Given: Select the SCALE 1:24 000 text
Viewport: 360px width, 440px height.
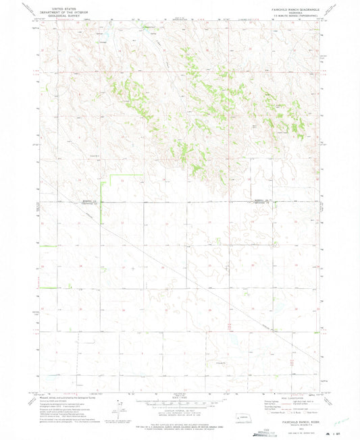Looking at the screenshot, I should [x=180, y=397].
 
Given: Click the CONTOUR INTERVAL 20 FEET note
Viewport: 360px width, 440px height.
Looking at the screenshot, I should [x=180, y=411].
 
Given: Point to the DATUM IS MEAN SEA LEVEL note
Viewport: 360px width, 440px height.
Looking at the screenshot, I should [x=180, y=414].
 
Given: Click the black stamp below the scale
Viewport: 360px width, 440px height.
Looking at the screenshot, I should [x=179, y=431].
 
